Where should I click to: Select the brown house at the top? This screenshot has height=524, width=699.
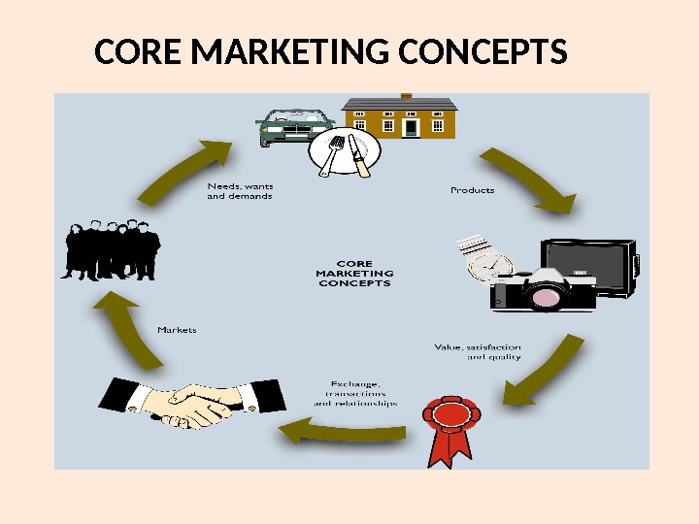coord(400,116)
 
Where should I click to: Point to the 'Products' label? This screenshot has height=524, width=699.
coord(472,190)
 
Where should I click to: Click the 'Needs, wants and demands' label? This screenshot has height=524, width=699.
coord(240,190)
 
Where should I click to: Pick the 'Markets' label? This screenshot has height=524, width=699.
coord(177,330)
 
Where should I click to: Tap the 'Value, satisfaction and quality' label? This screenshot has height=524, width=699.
coord(477,351)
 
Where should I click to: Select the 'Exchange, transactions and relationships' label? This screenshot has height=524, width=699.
coord(355,393)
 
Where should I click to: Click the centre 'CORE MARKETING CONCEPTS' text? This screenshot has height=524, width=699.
coord(353,273)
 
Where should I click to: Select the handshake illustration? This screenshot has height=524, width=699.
coord(193,403)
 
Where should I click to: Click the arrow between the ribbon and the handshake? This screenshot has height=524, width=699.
coord(340,430)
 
